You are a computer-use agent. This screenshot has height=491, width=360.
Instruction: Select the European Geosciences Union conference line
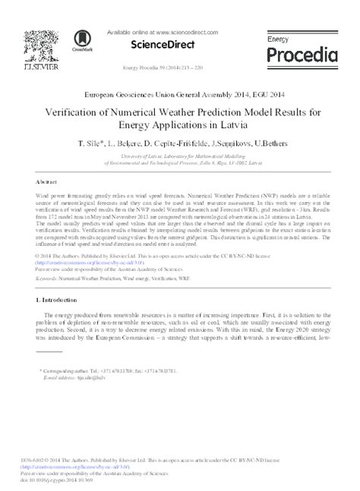pyautogui.click(x=179, y=96)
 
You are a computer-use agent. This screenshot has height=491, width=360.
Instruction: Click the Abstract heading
pyautogui.click(x=47, y=183)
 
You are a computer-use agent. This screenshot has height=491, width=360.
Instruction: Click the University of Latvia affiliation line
pyautogui.click(x=179, y=155)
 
